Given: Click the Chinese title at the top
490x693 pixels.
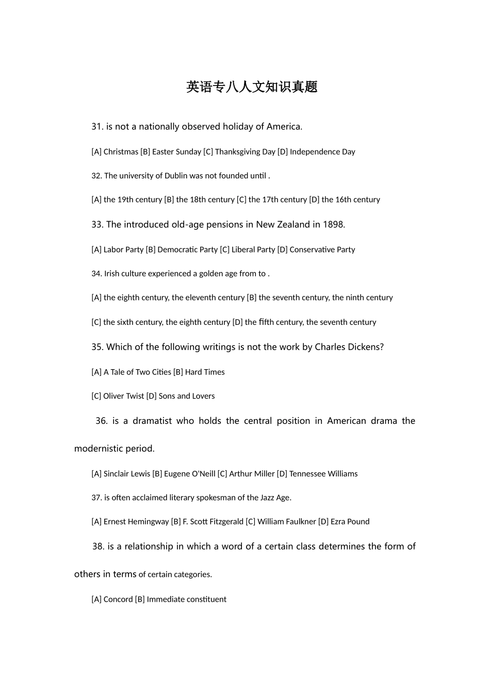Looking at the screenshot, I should click(252, 87).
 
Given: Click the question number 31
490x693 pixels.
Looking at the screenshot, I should click(97, 127).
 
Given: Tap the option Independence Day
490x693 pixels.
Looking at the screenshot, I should click(322, 152).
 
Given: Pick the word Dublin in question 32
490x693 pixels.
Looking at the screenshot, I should click(175, 176).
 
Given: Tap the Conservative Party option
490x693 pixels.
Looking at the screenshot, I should click(322, 250).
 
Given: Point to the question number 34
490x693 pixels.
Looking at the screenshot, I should click(96, 274).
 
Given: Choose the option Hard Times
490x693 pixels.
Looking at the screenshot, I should click(205, 372).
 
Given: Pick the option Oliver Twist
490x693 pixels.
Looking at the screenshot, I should click(124, 396).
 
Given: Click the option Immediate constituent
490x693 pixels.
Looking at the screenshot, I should click(186, 599).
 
